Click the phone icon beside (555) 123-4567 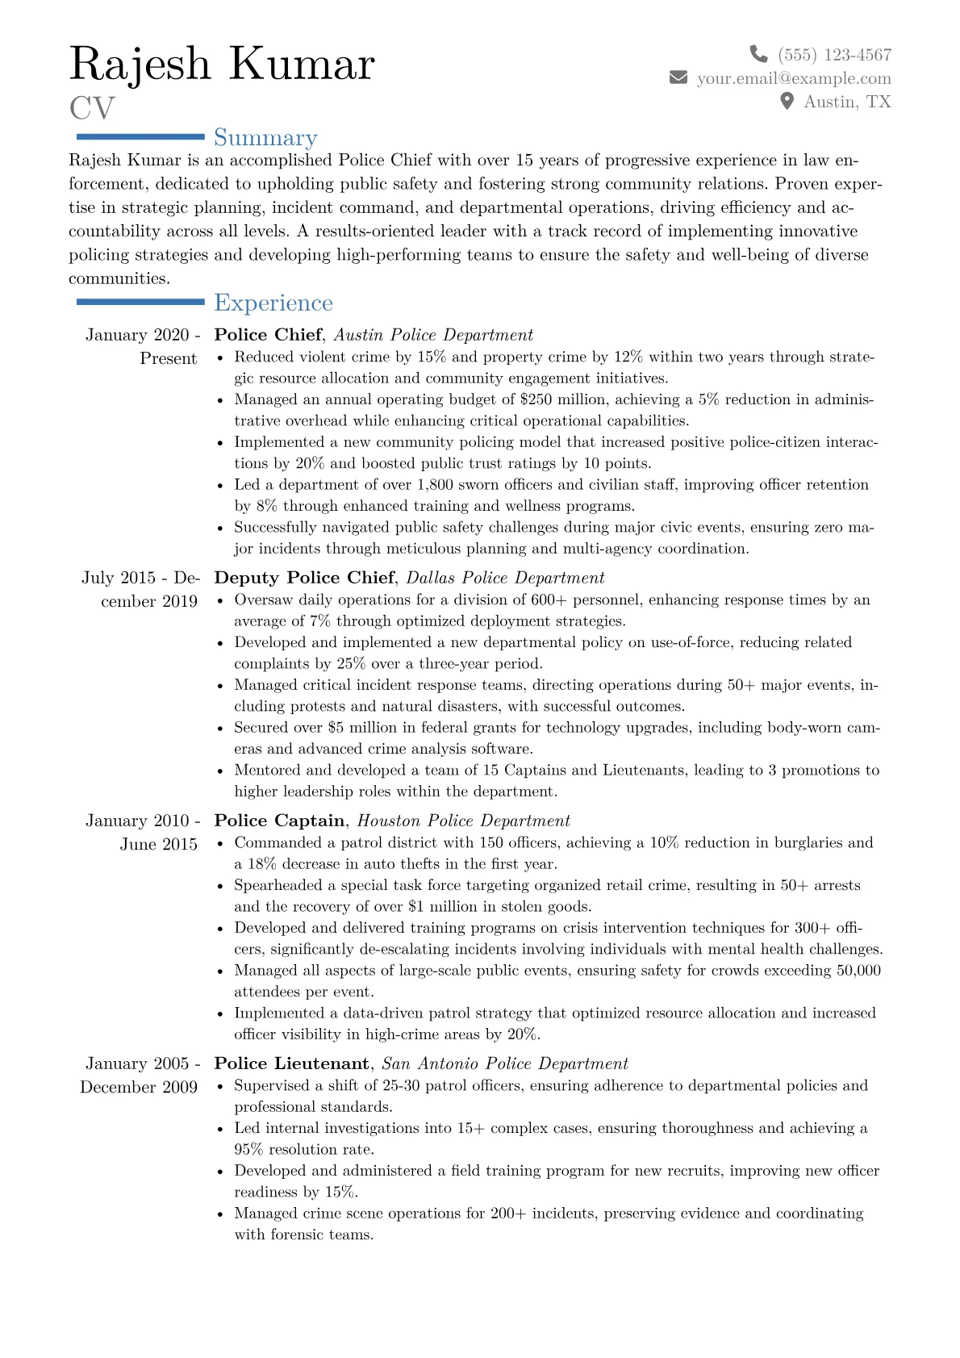[758, 54]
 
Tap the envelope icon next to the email [678, 77]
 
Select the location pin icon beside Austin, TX [787, 101]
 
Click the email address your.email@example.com [794, 78]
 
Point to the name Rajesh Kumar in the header [222, 64]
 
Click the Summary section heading [265, 138]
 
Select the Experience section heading [273, 303]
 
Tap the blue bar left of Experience [140, 302]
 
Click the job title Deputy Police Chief [304, 578]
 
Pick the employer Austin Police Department [433, 335]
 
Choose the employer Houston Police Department [463, 821]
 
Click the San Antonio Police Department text [504, 1063]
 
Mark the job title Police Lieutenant [291, 1063]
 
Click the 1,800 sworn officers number [436, 485]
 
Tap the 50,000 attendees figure [858, 971]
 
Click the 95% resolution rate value [248, 1150]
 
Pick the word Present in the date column [168, 358]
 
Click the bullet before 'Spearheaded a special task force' [221, 886]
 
